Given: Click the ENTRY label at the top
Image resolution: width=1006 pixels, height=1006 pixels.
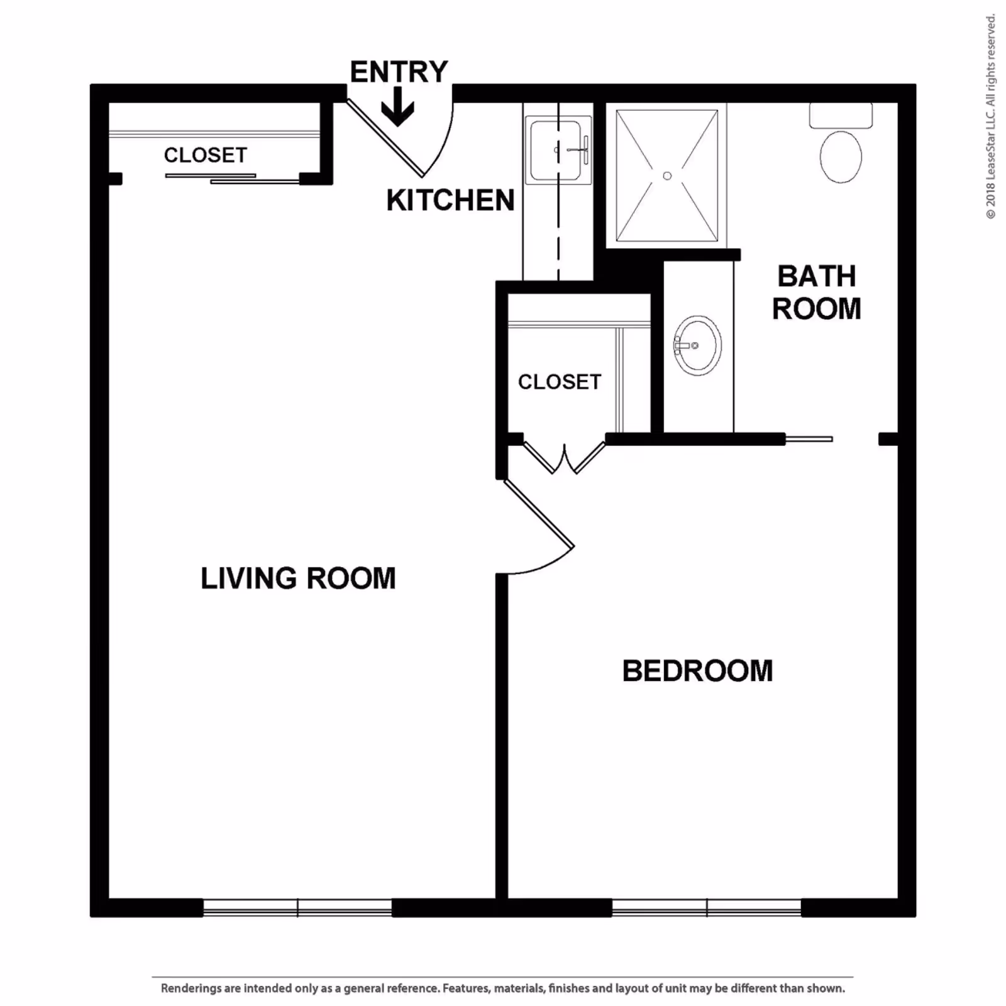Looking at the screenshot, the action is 399,72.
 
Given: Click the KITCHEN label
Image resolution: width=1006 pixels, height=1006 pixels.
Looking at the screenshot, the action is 450,201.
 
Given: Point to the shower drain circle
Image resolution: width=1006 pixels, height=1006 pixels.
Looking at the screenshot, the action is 667,176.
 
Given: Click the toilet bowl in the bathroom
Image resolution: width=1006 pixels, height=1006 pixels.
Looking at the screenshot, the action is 841,157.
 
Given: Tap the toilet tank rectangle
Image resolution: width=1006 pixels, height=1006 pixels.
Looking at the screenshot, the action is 841,116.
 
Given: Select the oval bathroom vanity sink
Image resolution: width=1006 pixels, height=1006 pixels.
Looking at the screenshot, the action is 697,345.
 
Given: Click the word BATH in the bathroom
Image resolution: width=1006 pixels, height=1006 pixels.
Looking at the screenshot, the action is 816,276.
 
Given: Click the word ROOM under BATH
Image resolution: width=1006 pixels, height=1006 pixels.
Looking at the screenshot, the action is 816,309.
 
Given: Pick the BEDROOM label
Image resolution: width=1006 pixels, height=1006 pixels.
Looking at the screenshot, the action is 697,671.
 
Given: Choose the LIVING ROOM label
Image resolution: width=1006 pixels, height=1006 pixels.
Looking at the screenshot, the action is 298,578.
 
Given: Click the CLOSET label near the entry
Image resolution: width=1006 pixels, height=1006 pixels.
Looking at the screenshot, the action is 206,155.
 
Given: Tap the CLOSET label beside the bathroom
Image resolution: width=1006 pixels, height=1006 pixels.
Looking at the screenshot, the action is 560,382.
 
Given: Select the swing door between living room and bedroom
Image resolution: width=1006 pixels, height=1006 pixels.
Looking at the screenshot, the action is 539,527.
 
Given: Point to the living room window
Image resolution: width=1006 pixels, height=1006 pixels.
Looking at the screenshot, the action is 297,907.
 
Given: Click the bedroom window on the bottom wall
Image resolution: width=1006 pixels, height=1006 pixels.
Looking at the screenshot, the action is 707,907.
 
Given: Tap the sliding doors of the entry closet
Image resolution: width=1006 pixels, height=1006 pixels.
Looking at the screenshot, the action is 232,179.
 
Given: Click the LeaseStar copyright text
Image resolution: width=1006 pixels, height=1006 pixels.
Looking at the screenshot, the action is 991,117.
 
